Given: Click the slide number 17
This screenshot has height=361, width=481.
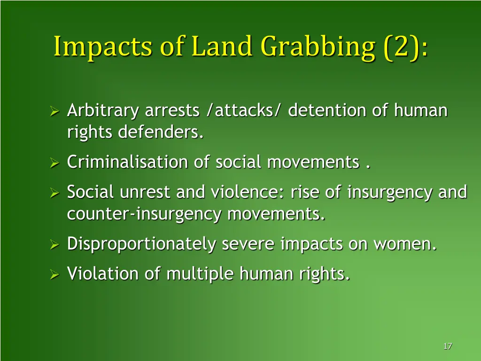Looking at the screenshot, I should pos(447,346).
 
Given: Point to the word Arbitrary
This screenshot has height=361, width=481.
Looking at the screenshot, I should pos(103,111).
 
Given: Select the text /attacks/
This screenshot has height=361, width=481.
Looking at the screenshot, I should pos(244,111).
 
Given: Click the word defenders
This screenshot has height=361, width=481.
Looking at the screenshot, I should pos(161,133).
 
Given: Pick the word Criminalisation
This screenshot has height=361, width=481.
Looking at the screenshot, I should pos(127,163).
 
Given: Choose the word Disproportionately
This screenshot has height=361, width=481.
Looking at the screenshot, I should pos(141,244).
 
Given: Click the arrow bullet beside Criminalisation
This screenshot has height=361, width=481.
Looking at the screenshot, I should pos(54,163).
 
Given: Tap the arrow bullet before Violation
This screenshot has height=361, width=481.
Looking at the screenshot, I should pos(54,274).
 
